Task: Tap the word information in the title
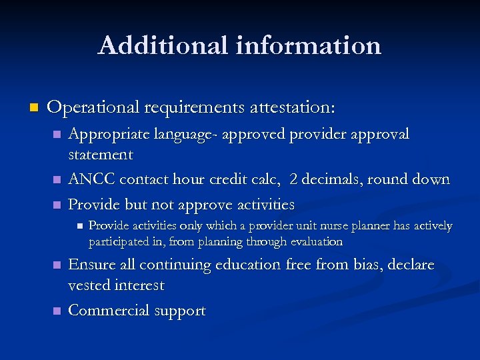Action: [x=308, y=45]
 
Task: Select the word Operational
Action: [x=93, y=107]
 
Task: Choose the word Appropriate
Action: [x=111, y=135]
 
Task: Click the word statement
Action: [x=101, y=155]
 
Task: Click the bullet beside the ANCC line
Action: [x=57, y=180]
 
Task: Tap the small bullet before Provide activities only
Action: [x=79, y=227]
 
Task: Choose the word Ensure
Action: [x=93, y=265]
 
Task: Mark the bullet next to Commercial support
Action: [x=57, y=311]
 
